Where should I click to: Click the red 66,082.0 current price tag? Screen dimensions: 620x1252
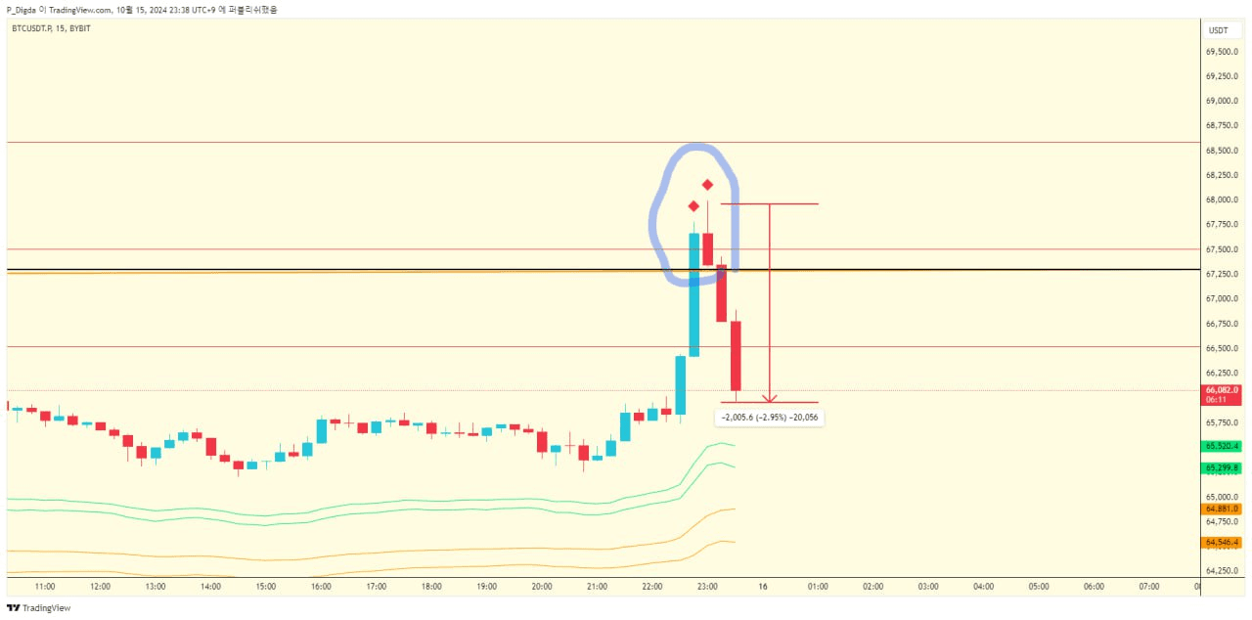coord(1222,390)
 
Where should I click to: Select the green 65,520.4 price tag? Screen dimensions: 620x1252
coord(1222,446)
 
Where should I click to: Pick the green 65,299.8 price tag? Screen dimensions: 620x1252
coord(1222,468)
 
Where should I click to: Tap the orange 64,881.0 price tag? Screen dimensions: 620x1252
coord(1222,509)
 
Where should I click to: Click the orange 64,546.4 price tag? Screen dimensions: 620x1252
coord(1222,542)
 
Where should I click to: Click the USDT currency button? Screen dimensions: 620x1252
coord(1218,30)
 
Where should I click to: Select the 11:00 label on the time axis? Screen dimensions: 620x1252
coord(44,587)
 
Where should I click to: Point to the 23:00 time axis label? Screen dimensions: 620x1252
coord(707,587)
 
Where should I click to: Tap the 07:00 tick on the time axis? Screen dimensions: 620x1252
coord(1149,587)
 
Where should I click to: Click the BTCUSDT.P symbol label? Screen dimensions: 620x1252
coord(32,28)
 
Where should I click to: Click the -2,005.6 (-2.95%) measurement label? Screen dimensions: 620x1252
coord(770,418)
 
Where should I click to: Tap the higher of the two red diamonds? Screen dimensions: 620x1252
coord(707,185)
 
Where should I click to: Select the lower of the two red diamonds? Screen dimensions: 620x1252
coord(693,206)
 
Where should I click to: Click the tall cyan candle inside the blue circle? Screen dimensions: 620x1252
coord(693,293)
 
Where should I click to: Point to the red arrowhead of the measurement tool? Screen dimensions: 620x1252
coord(770,398)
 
